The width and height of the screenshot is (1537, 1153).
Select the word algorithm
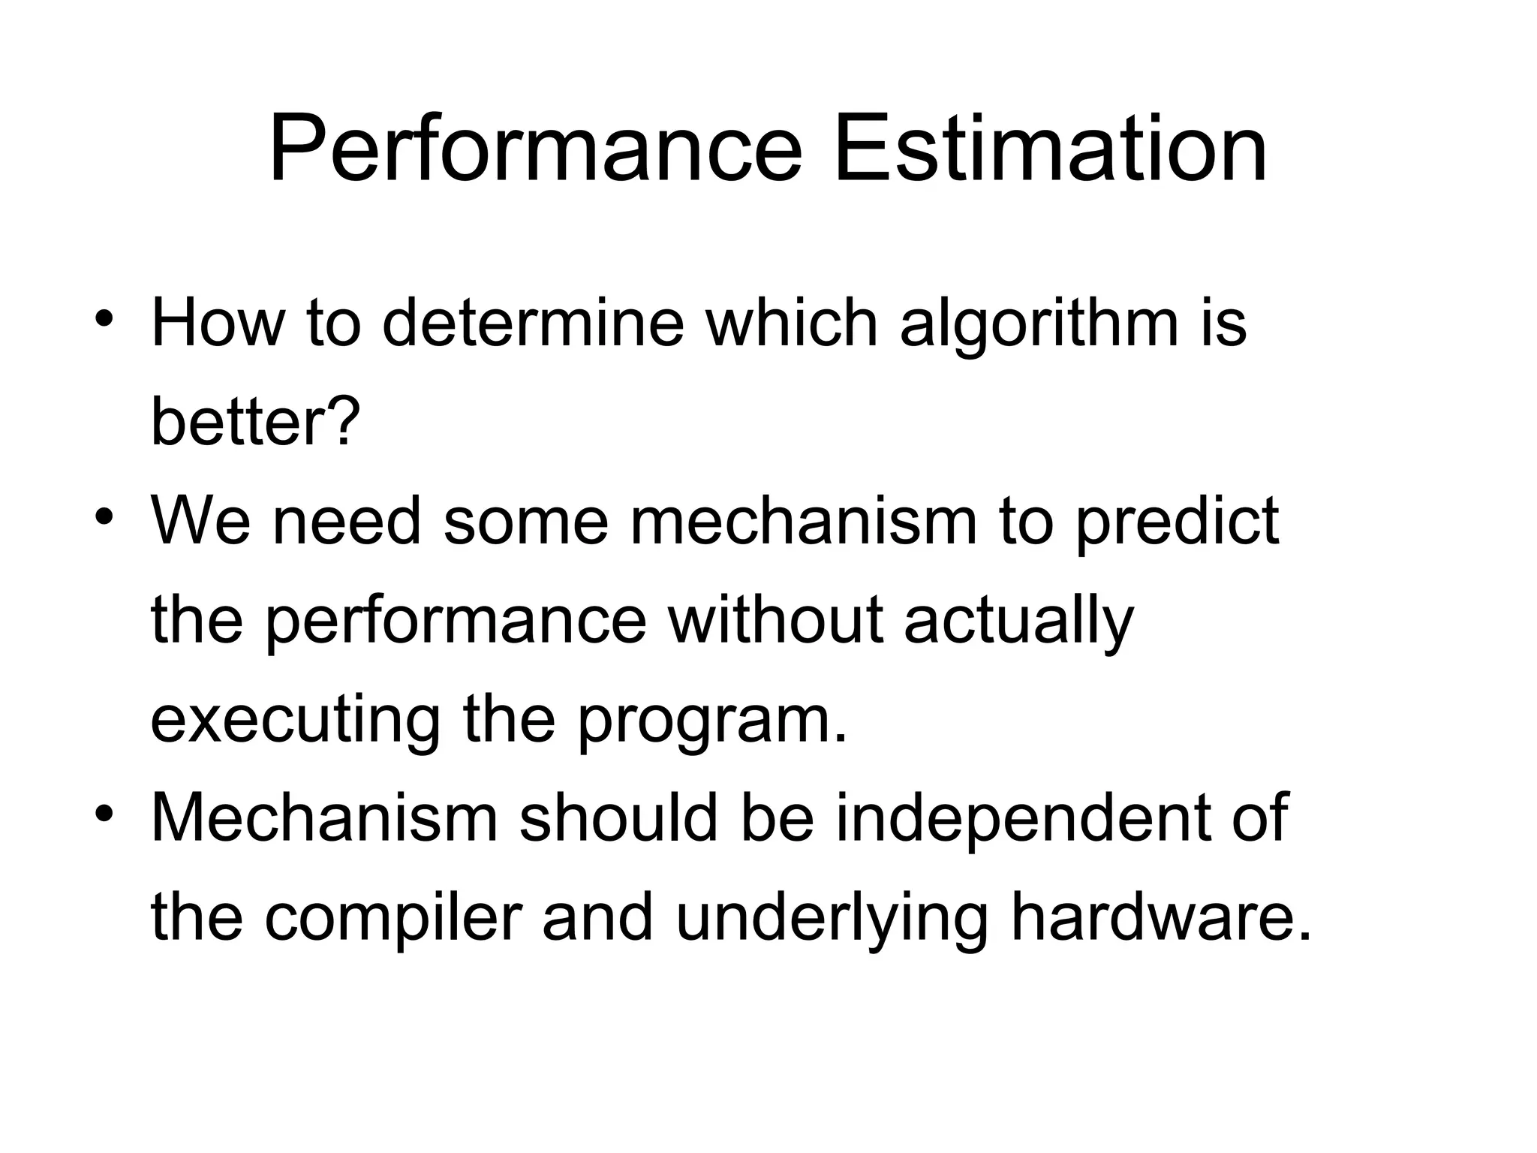(x=1039, y=324)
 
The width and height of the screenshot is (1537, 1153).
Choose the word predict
(x=1177, y=523)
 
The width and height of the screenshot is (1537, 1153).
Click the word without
(x=775, y=620)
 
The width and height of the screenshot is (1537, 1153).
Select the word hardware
(x=1160, y=917)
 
